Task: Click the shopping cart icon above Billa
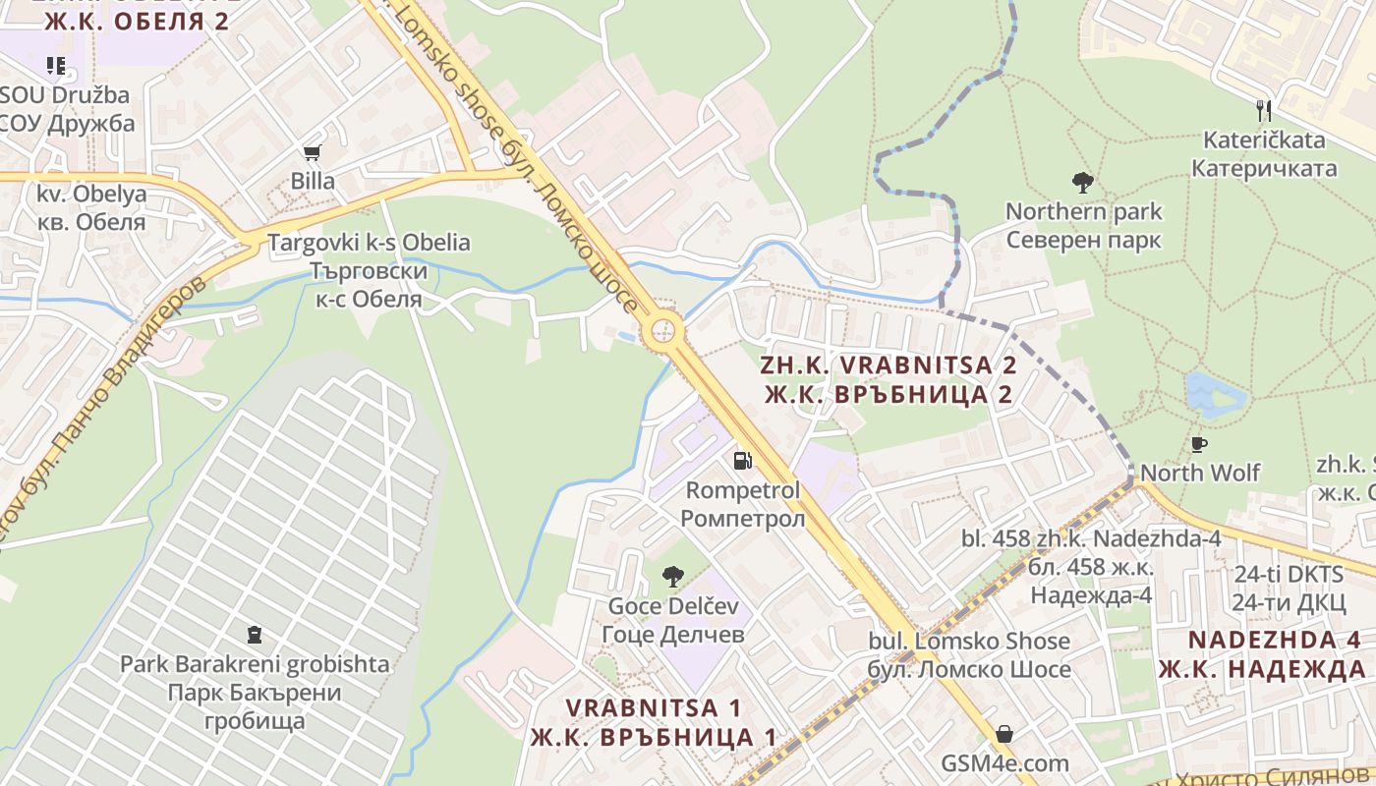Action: tap(313, 152)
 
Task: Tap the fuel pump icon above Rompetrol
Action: tap(743, 460)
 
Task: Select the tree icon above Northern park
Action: tap(1083, 182)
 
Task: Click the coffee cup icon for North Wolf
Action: tap(1199, 444)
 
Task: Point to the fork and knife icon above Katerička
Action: tap(1264, 110)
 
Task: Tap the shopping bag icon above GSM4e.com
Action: tap(1004, 734)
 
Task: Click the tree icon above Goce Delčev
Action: tap(673, 577)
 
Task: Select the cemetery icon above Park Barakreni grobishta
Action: tap(255, 635)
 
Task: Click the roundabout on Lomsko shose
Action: tap(663, 329)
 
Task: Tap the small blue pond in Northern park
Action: tap(1215, 392)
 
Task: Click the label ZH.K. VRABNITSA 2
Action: tap(889, 365)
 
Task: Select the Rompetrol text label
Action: tap(743, 489)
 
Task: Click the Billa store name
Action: tap(313, 181)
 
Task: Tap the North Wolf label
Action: tap(1200, 473)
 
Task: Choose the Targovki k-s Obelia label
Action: tap(370, 243)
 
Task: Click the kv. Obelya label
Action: tap(91, 194)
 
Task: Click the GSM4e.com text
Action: tap(1004, 763)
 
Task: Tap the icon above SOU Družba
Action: tap(56, 66)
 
